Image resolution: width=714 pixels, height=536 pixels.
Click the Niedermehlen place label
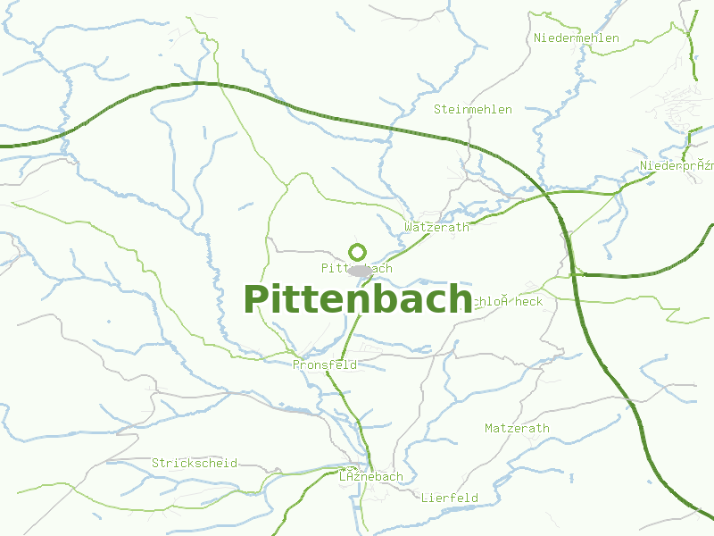(x=576, y=38)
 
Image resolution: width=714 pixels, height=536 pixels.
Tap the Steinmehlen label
(x=473, y=110)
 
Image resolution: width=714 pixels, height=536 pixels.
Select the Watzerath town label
(x=436, y=228)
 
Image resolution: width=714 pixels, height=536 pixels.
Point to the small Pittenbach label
(x=356, y=268)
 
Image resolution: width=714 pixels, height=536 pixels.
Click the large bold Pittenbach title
(x=358, y=299)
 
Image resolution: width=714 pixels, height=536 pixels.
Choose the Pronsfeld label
(x=325, y=365)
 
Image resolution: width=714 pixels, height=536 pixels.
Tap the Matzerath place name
(x=517, y=429)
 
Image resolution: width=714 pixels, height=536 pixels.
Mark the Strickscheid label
(x=195, y=464)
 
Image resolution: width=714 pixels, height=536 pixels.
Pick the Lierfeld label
(x=450, y=498)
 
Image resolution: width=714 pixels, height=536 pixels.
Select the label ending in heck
(x=505, y=302)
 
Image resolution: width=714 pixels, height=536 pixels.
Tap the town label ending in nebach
(x=371, y=477)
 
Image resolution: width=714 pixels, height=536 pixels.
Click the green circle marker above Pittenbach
(x=358, y=252)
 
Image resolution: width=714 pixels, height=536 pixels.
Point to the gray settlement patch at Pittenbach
(x=361, y=270)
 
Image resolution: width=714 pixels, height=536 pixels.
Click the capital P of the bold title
(x=255, y=299)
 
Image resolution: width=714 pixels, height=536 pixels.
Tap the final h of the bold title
(x=460, y=299)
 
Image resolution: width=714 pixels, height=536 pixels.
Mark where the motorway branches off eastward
(x=576, y=273)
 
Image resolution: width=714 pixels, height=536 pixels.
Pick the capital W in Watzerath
(x=408, y=228)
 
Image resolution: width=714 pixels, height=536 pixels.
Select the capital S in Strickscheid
(x=155, y=464)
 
